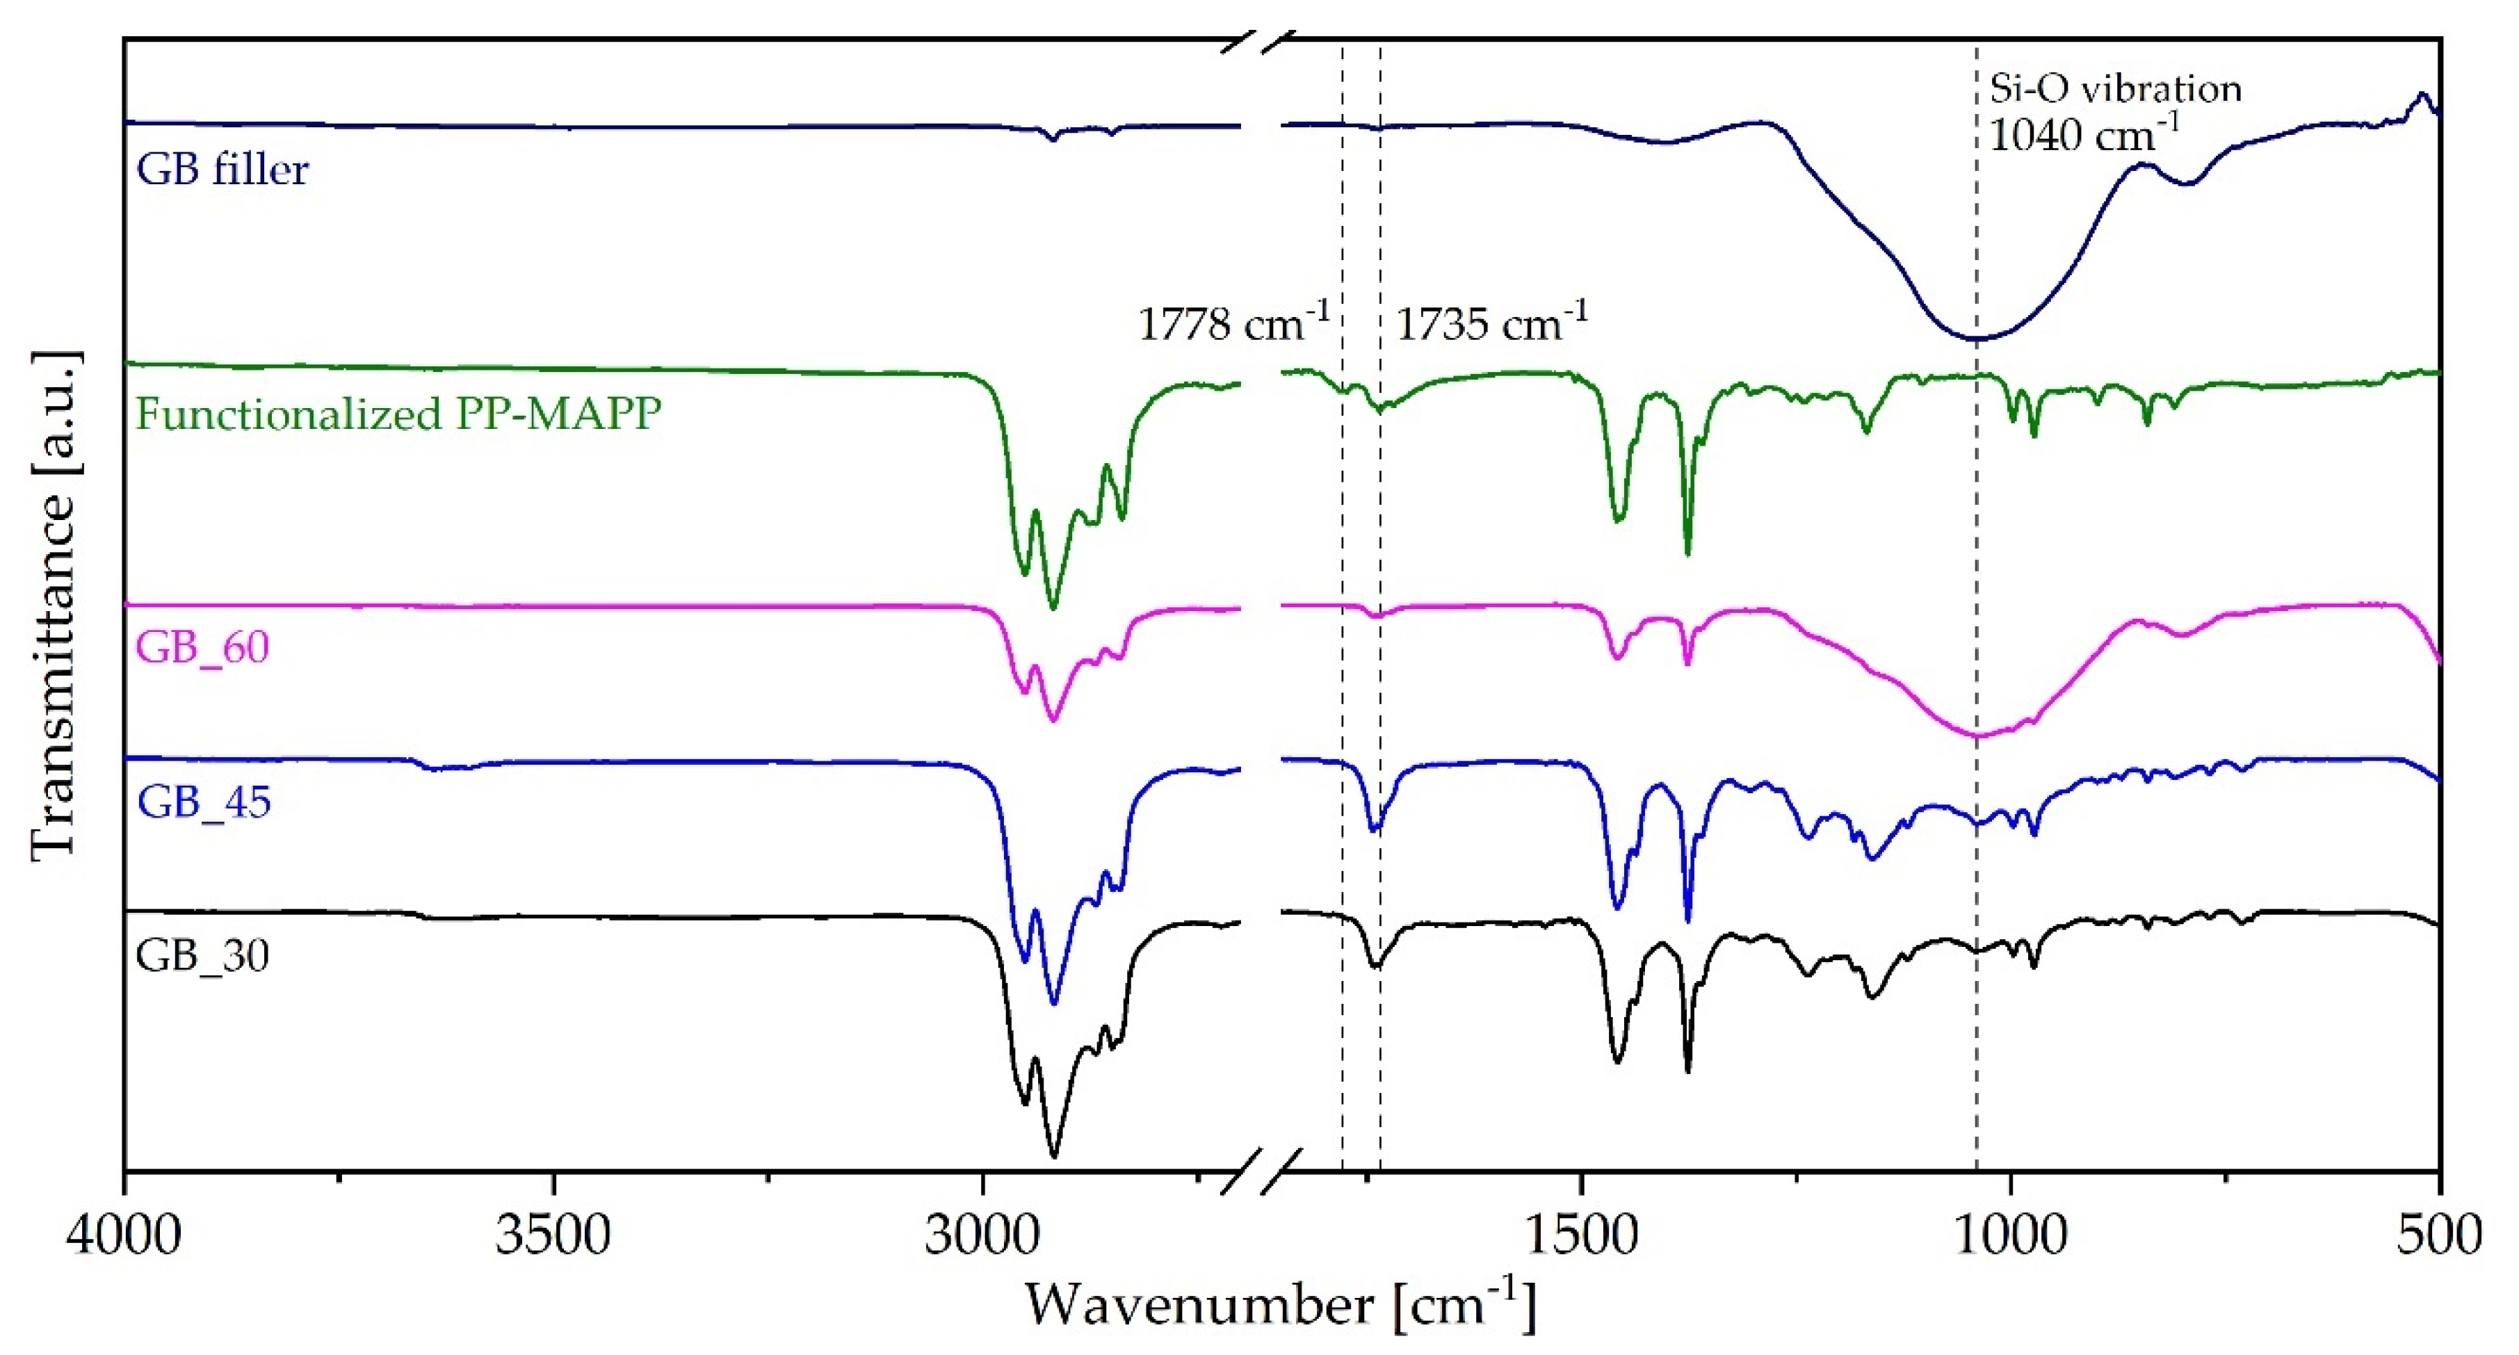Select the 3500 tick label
pyautogui.click(x=553, y=1235)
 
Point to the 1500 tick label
pyautogui.click(x=1580, y=1235)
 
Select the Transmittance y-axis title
pyautogui.click(x=54, y=606)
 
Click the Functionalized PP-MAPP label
pyautogui.click(x=398, y=414)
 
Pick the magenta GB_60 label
pyautogui.click(x=202, y=647)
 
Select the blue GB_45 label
pyautogui.click(x=204, y=802)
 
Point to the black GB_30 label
pyautogui.click(x=202, y=955)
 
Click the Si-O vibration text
pyautogui.click(x=2115, y=89)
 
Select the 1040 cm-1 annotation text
pyautogui.click(x=2083, y=134)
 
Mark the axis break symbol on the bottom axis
pyautogui.click(x=1261, y=1172)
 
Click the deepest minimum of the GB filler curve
pyautogui.click(x=1975, y=339)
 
